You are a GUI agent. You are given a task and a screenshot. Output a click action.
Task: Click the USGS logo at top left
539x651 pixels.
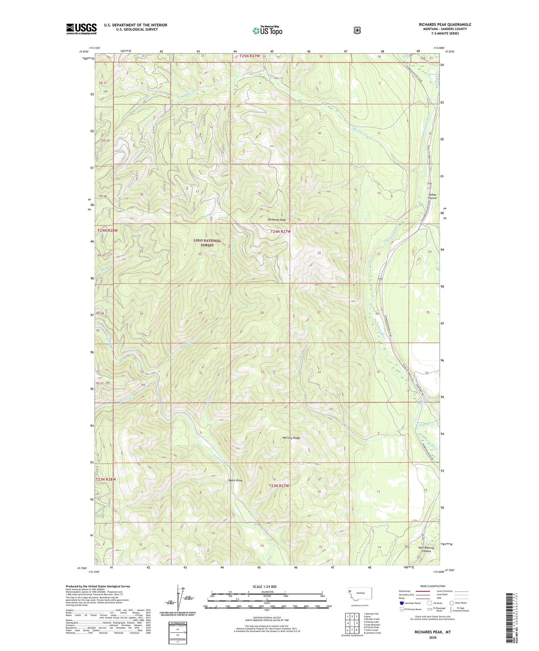[81, 29]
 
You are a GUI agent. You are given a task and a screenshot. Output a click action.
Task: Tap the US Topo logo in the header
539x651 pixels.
[267, 31]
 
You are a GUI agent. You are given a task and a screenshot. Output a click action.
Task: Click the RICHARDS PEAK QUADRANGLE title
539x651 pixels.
[445, 25]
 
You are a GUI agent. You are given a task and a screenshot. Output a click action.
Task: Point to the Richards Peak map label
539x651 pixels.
[277, 220]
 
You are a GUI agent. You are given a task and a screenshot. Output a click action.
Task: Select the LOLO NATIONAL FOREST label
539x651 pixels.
[207, 243]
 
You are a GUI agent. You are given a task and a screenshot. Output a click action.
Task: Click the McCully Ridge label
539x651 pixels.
[291, 438]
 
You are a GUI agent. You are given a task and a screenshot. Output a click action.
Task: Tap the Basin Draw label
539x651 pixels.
[235, 480]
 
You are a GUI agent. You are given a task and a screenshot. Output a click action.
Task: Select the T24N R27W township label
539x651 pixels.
[280, 232]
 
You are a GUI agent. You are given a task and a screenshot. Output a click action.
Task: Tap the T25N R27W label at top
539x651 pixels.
[246, 56]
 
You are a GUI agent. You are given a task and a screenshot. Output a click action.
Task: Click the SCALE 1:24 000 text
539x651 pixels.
[264, 586]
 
